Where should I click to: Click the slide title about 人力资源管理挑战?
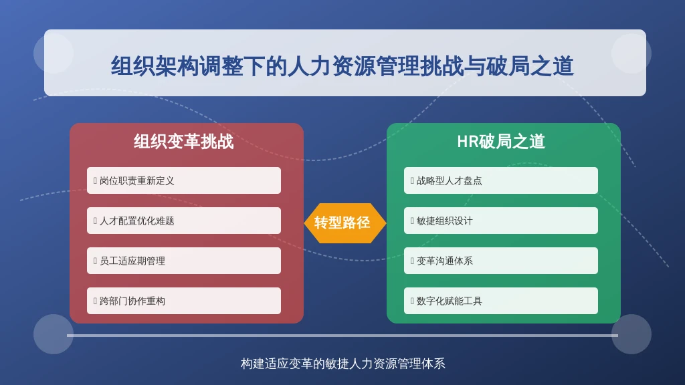[342, 66]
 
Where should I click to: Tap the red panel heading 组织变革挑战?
[184, 142]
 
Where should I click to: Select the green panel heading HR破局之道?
[501, 142]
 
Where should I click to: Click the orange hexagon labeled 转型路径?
[345, 223]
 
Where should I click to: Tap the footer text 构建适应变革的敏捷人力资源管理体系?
[343, 364]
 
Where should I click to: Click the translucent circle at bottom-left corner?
[54, 334]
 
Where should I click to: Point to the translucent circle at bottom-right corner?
[631, 334]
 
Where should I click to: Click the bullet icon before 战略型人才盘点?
[412, 180]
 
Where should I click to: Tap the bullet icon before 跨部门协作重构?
[95, 301]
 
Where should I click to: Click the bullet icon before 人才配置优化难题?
[95, 221]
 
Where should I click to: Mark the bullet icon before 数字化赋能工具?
[412, 301]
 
